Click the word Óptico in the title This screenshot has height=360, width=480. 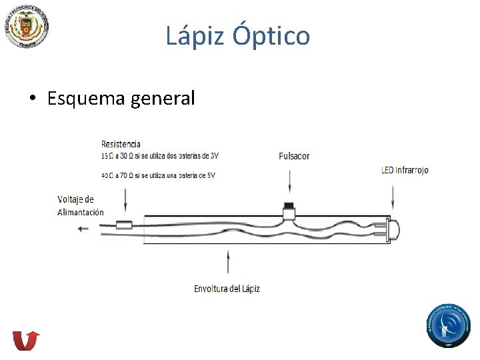click(271, 35)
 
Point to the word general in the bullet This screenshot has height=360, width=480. click(163, 99)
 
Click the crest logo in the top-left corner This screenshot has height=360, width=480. click(26, 25)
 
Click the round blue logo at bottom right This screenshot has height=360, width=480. click(449, 326)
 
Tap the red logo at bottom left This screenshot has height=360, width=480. click(26, 340)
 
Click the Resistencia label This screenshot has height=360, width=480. click(121, 144)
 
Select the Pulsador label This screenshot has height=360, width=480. click(294, 156)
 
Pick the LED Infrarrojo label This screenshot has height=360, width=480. click(405, 170)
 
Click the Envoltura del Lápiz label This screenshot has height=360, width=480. click(227, 289)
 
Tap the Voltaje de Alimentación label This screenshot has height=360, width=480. click(80, 205)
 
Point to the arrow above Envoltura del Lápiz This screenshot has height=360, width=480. click(229, 261)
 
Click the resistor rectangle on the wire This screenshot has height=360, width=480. click(124, 225)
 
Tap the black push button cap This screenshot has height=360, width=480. click(289, 205)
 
